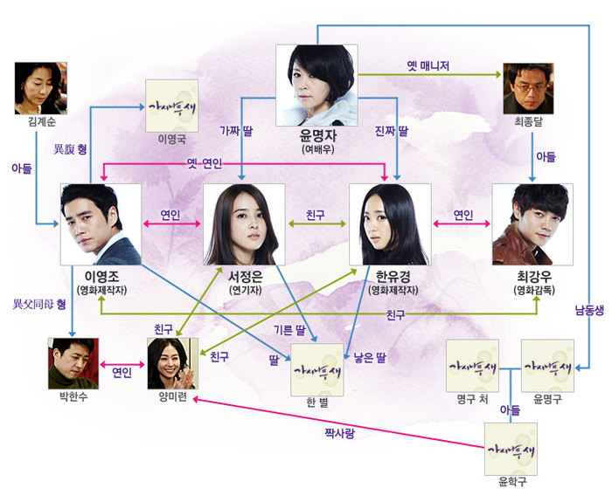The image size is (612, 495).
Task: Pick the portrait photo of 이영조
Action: (x=101, y=223)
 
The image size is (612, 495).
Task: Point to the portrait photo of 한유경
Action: (x=390, y=223)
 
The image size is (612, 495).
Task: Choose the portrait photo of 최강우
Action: (x=532, y=223)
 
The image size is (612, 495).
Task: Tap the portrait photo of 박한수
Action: (x=74, y=363)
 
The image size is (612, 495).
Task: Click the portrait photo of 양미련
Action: (x=172, y=363)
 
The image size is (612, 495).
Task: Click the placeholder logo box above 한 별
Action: (x=316, y=370)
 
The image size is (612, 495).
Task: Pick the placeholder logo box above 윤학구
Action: (x=511, y=449)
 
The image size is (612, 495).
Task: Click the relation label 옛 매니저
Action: (x=428, y=66)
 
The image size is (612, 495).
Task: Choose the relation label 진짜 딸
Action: (x=391, y=130)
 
